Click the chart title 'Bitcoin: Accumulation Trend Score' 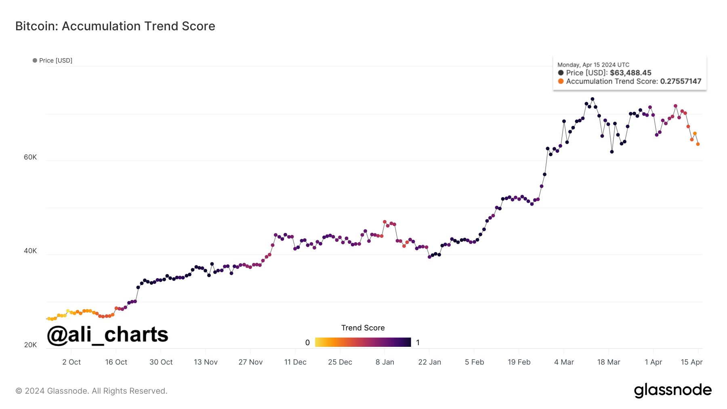pyautogui.click(x=115, y=26)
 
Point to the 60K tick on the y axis pyautogui.click(x=30, y=157)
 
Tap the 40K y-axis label pyautogui.click(x=30, y=251)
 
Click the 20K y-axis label pyautogui.click(x=30, y=345)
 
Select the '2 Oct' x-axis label pyautogui.click(x=71, y=362)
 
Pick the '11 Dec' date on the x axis pyautogui.click(x=295, y=362)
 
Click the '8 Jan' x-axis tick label pyautogui.click(x=385, y=362)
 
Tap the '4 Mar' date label pyautogui.click(x=564, y=362)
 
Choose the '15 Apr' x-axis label pyautogui.click(x=691, y=362)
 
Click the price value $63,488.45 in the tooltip pyautogui.click(x=630, y=73)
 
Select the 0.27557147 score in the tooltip pyautogui.click(x=681, y=82)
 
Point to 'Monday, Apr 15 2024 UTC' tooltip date pyautogui.click(x=593, y=65)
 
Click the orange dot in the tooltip pyautogui.click(x=561, y=81)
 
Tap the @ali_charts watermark pyautogui.click(x=107, y=335)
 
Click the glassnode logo pyautogui.click(x=672, y=390)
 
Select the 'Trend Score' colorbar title pyautogui.click(x=363, y=328)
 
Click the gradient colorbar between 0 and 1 pyautogui.click(x=363, y=342)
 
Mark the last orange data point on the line pyautogui.click(x=698, y=144)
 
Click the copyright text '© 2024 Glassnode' pyautogui.click(x=91, y=391)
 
